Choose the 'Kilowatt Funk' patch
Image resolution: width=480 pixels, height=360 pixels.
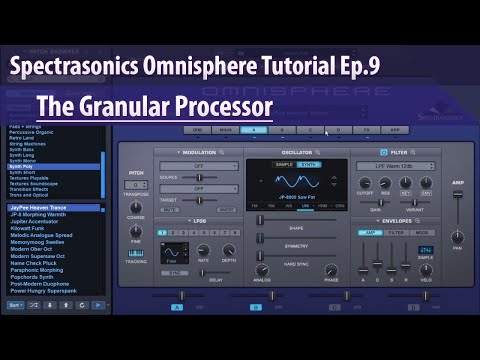tap(29, 228)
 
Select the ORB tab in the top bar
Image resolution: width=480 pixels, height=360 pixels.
tap(197, 130)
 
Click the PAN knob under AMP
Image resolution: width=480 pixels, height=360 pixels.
tap(457, 233)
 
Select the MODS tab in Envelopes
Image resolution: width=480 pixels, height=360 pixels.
tap(420, 231)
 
